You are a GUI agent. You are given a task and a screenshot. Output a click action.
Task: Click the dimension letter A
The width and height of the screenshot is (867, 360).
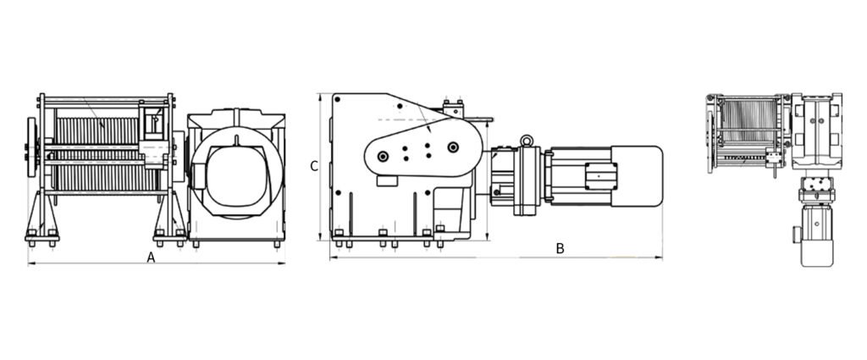click(x=151, y=258)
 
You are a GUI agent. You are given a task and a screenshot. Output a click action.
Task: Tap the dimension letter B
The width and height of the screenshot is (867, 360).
click(x=561, y=249)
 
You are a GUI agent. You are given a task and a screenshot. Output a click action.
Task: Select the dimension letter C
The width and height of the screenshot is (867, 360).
click(x=314, y=166)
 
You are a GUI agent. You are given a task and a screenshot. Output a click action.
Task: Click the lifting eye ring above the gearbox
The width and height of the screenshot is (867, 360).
click(x=527, y=141)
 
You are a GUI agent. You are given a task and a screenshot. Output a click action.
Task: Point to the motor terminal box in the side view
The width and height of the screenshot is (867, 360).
click(x=599, y=176)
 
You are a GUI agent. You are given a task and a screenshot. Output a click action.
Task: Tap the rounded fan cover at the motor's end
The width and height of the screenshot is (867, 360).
click(x=637, y=176)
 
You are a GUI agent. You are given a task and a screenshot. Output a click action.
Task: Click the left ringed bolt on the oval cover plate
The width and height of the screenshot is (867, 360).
click(x=383, y=157)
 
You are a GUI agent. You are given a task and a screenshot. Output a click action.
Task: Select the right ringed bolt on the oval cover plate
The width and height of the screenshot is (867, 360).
click(x=454, y=147)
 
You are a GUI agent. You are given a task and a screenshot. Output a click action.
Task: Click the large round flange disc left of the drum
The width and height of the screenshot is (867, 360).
click(x=31, y=147)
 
